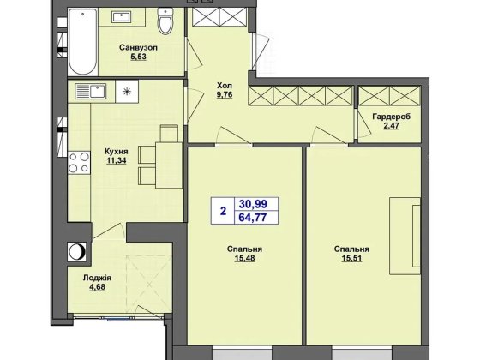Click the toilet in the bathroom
click(x=165, y=21)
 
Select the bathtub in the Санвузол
click(x=82, y=42)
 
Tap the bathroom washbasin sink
click(x=122, y=17)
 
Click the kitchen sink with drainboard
click(x=91, y=91)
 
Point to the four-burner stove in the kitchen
click(x=79, y=163)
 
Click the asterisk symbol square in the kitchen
click(x=127, y=91)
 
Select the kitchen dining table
click(x=169, y=165)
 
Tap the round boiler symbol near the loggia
click(x=77, y=252)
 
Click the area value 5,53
click(x=138, y=57)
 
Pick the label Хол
click(x=225, y=85)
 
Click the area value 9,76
click(x=225, y=94)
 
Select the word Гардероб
click(x=392, y=117)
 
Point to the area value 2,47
click(x=392, y=126)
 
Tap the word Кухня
click(x=117, y=151)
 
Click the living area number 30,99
click(x=253, y=204)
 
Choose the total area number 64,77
click(x=253, y=218)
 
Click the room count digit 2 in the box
click(x=223, y=211)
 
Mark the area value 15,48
click(x=244, y=258)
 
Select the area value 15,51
click(x=351, y=258)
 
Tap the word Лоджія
click(x=97, y=279)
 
